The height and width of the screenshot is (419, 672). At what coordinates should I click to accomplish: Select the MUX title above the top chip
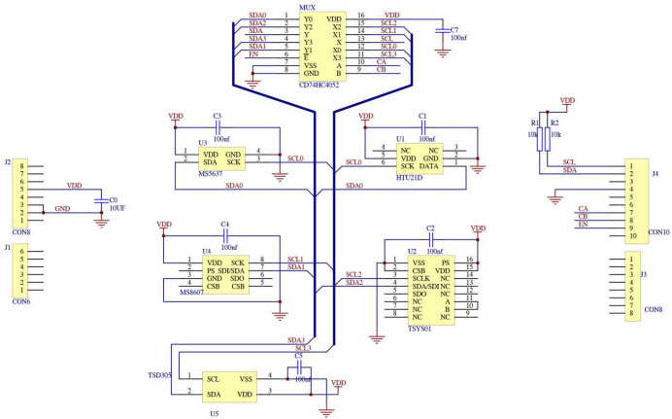307,6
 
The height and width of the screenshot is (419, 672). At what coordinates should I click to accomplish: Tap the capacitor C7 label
454,30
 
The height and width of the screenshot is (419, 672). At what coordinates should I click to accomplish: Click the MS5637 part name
211,174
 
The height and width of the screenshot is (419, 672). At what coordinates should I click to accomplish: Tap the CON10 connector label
657,232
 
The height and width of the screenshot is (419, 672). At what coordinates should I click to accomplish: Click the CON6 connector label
19,301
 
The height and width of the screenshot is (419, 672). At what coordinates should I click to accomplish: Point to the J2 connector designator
8,162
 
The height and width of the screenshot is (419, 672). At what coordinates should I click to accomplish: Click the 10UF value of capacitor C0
117,209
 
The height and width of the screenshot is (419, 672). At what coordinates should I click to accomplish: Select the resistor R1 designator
534,124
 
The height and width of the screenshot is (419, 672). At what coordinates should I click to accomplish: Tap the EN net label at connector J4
583,225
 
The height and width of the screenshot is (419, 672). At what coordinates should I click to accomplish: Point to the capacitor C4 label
224,225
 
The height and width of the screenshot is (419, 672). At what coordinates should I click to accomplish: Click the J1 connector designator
8,247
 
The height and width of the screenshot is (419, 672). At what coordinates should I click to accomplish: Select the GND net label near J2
62,208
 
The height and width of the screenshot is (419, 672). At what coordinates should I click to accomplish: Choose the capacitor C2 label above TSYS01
429,227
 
